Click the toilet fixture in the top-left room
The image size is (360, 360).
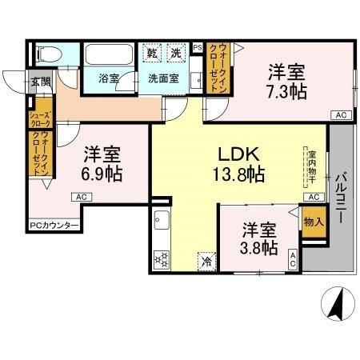point(47,56)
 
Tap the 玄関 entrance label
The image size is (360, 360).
point(40,82)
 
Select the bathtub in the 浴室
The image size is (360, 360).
point(110,58)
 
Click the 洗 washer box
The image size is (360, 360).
point(175,54)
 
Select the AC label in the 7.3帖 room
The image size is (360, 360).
point(341,116)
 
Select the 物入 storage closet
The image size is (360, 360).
point(314,220)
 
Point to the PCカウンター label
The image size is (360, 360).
point(54,225)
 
